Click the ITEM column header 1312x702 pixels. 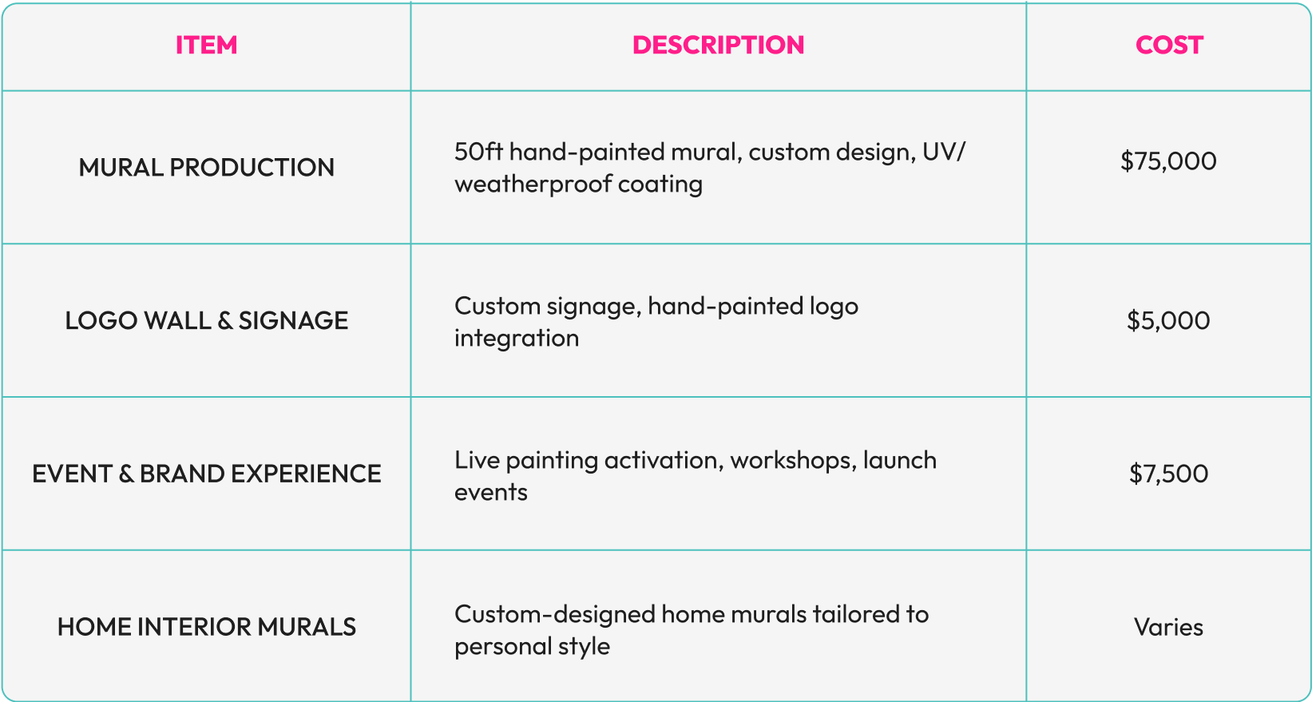click(206, 45)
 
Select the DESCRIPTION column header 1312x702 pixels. click(718, 45)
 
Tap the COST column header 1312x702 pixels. click(1169, 45)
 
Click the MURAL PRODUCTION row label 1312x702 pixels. click(206, 168)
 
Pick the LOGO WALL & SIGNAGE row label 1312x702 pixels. click(206, 320)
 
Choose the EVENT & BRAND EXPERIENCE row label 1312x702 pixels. click(206, 474)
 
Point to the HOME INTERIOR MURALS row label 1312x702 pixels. click(206, 627)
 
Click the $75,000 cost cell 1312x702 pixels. click(1168, 161)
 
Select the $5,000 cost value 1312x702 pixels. click(1168, 320)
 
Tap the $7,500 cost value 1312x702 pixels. click(1168, 474)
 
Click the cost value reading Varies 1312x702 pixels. click(1168, 627)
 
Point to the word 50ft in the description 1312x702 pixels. click(478, 152)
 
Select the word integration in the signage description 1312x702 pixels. click(517, 339)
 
